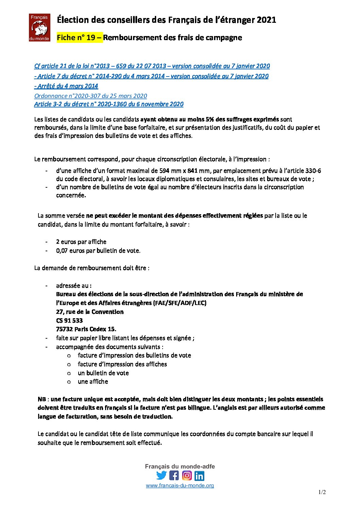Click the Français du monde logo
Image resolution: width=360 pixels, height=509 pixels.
(x=39, y=28)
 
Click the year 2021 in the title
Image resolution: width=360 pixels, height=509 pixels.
(x=266, y=20)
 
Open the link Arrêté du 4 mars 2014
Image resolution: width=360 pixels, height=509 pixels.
(x=66, y=86)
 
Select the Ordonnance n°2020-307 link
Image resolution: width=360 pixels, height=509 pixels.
(x=91, y=96)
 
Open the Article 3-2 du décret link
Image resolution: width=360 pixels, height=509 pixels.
(x=109, y=104)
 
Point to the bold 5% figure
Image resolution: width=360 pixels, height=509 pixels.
(x=210, y=119)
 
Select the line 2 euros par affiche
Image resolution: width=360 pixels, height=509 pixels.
(x=81, y=242)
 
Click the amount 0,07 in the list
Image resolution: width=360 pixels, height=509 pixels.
(x=62, y=251)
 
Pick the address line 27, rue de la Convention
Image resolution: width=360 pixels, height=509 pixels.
(x=90, y=312)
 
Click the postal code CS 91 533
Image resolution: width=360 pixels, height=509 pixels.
(x=69, y=320)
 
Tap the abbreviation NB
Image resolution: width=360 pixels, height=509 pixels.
(x=42, y=399)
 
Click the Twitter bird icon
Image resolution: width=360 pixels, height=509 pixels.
(x=161, y=475)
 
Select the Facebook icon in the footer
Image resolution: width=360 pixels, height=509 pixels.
(x=174, y=475)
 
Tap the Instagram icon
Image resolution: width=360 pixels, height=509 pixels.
(x=187, y=475)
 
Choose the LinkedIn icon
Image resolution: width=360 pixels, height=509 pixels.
(x=199, y=475)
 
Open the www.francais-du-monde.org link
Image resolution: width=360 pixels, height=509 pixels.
(x=180, y=486)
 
